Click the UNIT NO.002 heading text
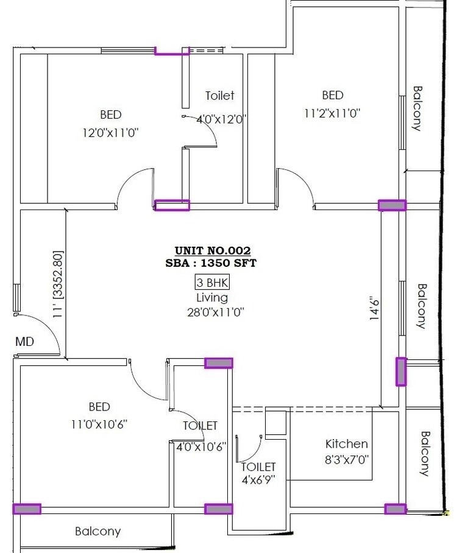coord(213,250)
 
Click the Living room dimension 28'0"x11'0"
coord(212,312)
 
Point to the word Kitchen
coord(347,444)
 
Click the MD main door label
coord(24,342)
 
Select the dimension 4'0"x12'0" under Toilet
coord(221,119)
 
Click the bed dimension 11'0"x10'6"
coord(99,423)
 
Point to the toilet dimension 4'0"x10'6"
coord(200,446)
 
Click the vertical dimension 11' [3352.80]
coord(58,284)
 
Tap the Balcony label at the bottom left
coord(98,531)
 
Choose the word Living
coord(212,298)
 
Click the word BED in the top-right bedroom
coord(333,95)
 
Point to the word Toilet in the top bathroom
coord(220,96)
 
